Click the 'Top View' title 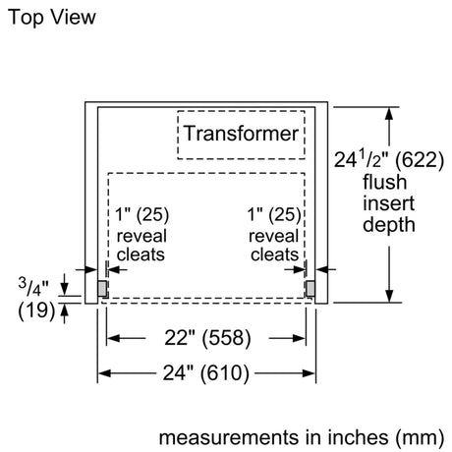coord(52,17)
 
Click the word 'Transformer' coord(241,134)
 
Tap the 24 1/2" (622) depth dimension coord(389,160)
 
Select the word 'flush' coord(384,182)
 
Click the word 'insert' coord(388,203)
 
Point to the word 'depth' coord(389,226)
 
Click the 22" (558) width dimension coord(207,338)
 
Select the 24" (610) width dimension coord(206,373)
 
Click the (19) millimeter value coord(36,311)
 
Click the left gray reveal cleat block coord(102,289)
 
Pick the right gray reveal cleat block coord(311,289)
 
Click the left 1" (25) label coord(141,214)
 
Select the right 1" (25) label coord(274,214)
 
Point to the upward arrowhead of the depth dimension coord(389,113)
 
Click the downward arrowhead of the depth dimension coord(389,296)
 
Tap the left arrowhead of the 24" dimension coord(104,373)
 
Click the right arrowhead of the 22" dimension coord(300,338)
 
